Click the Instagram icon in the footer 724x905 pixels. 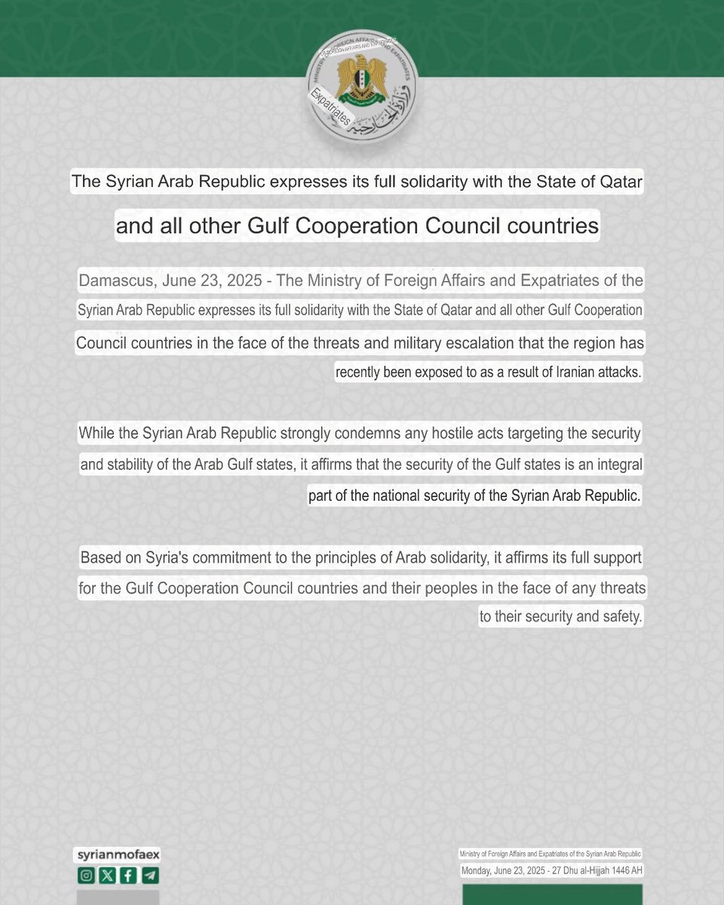85,876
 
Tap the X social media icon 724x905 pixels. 106,876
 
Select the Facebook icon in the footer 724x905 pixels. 128,876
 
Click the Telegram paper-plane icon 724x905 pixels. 150,876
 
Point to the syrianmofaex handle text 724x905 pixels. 118,855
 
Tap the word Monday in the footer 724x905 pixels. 480,871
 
